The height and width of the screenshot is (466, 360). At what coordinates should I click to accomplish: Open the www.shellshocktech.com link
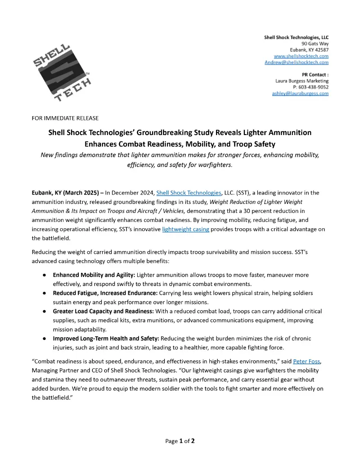[x=301, y=56]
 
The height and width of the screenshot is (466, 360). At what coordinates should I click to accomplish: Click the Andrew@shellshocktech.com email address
[x=297, y=63]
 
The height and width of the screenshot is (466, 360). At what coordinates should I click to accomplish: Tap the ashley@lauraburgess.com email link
[x=301, y=93]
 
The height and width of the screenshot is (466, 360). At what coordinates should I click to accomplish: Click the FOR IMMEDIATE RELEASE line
[x=65, y=118]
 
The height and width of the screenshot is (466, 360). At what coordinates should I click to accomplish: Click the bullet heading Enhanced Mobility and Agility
[x=94, y=275]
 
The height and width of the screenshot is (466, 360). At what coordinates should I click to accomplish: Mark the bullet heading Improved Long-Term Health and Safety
[x=106, y=338]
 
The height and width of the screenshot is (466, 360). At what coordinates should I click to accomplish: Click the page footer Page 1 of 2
[x=180, y=441]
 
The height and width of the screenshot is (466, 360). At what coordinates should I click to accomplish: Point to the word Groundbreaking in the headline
[x=173, y=133]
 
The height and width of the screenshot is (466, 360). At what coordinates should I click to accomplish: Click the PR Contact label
[x=315, y=75]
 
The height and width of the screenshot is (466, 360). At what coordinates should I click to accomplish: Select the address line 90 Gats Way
[x=315, y=44]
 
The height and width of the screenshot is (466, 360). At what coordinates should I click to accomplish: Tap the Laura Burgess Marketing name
[x=302, y=81]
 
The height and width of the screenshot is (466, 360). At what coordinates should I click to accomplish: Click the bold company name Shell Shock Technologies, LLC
[x=296, y=37]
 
